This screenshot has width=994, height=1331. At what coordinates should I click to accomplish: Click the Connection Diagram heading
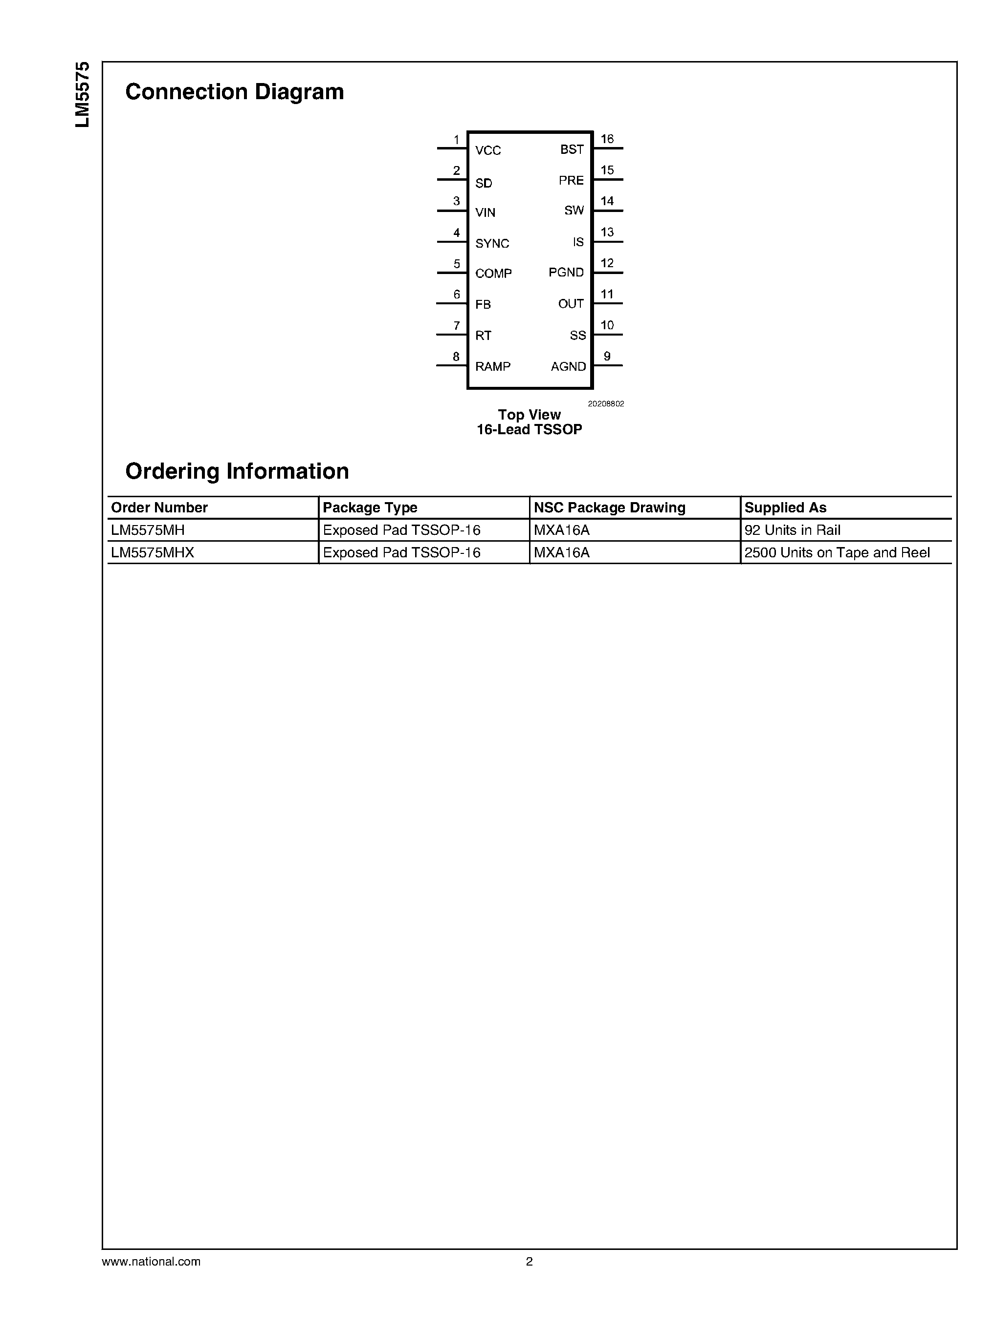[x=234, y=92]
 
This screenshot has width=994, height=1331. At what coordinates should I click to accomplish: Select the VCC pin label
[x=487, y=150]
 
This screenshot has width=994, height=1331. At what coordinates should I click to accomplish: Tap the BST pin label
[x=572, y=149]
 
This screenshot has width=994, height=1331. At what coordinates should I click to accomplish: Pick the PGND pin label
[x=566, y=273]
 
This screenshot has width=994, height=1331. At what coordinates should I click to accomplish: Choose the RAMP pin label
[x=492, y=366]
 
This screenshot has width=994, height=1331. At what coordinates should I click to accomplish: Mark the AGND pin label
[x=568, y=366]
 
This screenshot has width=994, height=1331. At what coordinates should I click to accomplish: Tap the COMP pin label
[x=493, y=274]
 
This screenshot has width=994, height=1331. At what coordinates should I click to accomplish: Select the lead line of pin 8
[x=451, y=365]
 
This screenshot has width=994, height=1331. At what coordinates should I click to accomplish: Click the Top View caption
[x=529, y=415]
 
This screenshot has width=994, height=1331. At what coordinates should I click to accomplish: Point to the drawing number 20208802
[x=605, y=404]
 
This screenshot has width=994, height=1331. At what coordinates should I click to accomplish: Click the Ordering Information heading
[x=237, y=471]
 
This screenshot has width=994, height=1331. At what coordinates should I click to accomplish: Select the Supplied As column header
[x=785, y=507]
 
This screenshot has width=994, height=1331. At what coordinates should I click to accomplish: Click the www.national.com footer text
[x=151, y=1262]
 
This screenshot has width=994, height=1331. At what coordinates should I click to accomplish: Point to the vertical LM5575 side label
[x=83, y=94]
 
